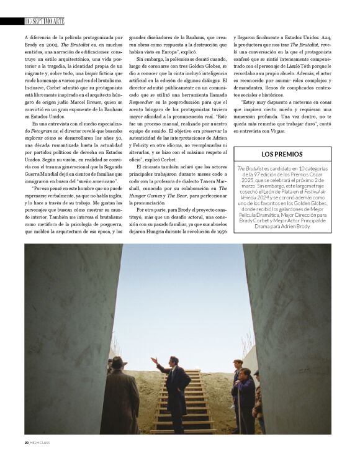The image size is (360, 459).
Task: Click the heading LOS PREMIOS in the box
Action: click(x=282, y=154)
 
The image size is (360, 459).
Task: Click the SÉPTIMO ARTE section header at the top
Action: click(x=46, y=22)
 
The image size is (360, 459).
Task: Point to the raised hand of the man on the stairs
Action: click(x=153, y=359)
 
